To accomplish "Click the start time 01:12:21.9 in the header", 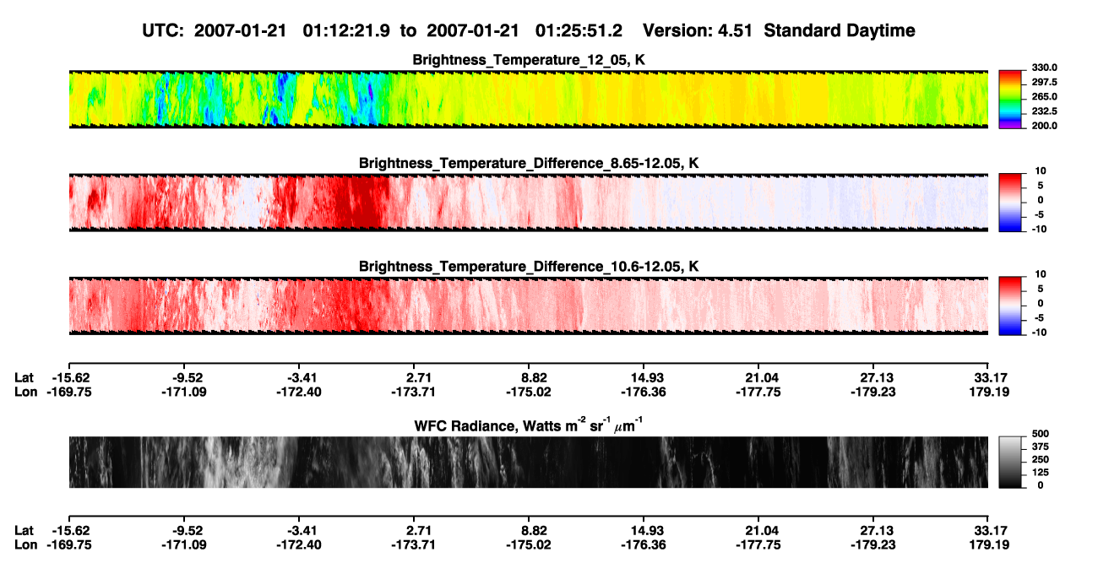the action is click(346, 30).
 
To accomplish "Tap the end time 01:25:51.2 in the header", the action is click(579, 30).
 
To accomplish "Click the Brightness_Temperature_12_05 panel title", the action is click(529, 60).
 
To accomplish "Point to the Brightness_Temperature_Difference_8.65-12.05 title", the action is click(529, 163).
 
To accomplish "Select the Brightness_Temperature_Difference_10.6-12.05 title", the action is click(529, 267).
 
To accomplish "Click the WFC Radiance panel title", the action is click(529, 425).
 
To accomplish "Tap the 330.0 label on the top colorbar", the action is click(1044, 68).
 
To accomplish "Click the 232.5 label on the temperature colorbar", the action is click(1044, 111).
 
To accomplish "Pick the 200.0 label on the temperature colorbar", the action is click(1044, 126).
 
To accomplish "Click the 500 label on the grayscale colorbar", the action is click(1041, 434).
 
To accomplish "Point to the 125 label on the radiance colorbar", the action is click(1041, 473).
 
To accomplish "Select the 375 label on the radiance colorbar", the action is click(1041, 447).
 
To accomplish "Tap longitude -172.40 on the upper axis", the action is click(299, 392).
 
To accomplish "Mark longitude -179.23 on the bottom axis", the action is click(873, 545).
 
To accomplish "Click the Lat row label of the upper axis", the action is click(24, 378).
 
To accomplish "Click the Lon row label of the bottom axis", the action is click(25, 545).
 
